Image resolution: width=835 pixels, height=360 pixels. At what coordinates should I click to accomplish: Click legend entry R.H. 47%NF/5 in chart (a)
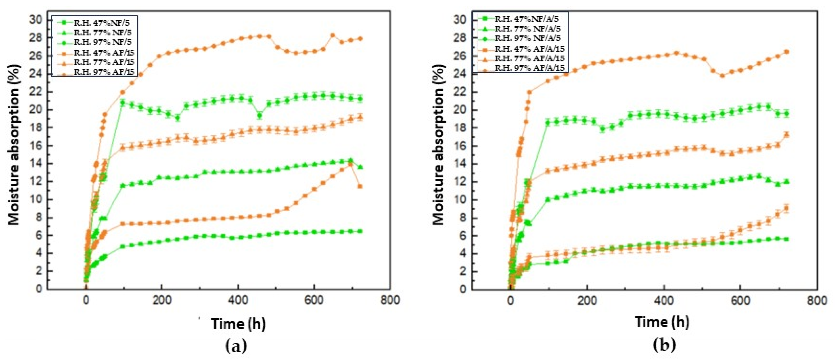[102, 23]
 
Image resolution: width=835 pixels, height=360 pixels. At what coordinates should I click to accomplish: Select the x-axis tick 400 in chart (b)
[664, 301]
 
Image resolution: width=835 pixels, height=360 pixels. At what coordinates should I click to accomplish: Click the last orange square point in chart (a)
[360, 186]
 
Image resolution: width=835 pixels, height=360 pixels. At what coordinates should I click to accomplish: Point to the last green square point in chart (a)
[360, 231]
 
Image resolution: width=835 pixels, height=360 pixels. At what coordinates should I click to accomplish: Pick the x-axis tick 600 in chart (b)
[740, 301]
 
